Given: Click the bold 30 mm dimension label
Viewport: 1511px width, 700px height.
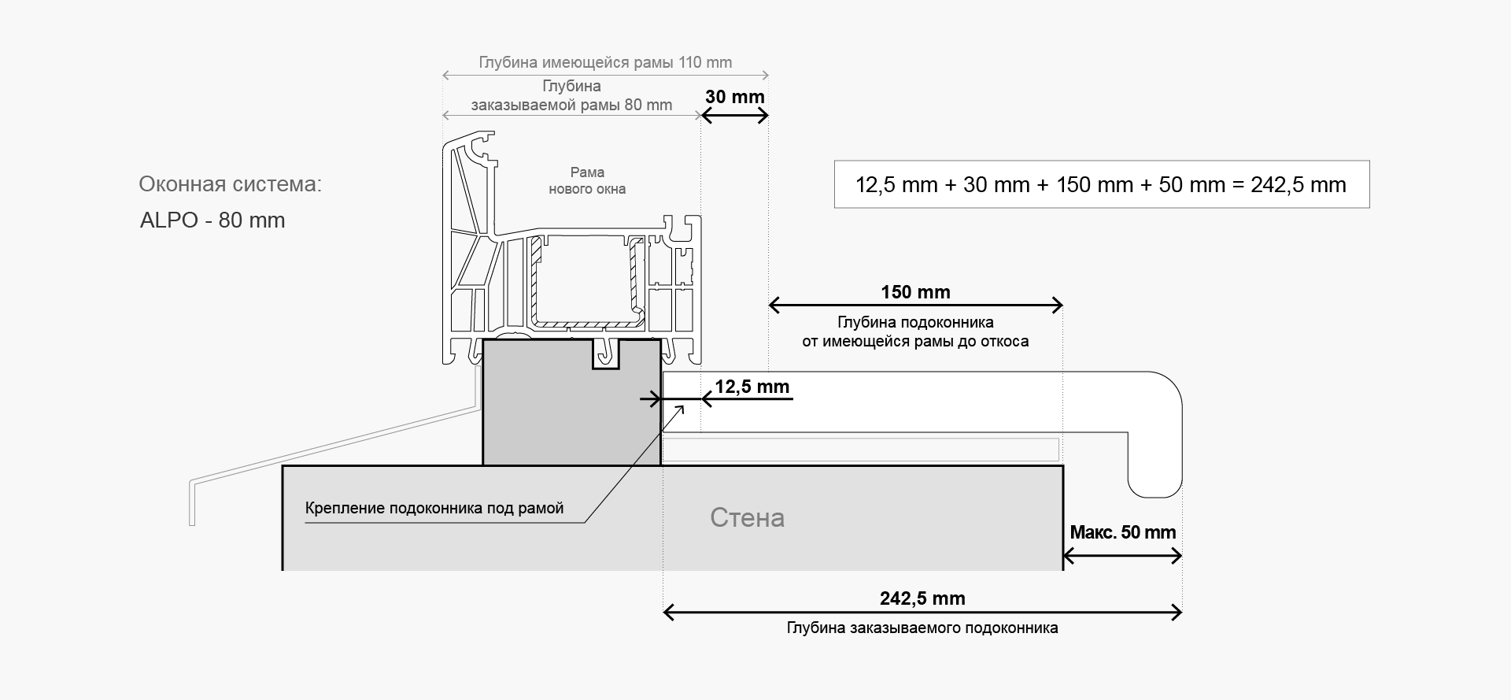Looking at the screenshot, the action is [734, 97].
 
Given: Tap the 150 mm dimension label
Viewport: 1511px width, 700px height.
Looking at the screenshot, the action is [915, 292].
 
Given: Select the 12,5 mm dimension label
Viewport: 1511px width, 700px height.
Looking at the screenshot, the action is [752, 387].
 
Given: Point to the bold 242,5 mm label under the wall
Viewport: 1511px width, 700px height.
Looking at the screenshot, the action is [922, 598].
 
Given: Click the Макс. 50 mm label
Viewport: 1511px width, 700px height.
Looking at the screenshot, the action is [1123, 532].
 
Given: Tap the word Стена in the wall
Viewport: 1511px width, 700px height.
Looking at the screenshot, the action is [747, 517].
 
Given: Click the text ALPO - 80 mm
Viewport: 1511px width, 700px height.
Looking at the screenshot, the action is [212, 220].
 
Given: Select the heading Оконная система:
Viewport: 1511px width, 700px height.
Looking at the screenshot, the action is [231, 184].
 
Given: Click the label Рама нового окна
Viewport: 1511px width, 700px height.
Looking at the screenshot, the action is [587, 180].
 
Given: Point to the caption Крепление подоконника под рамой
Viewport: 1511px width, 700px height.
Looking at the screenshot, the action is [434, 508].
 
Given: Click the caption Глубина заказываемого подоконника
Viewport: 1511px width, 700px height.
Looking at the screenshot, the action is [922, 628].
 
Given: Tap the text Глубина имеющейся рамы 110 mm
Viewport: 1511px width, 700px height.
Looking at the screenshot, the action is [605, 62].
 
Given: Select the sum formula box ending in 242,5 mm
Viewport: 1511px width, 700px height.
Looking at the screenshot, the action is [1102, 184].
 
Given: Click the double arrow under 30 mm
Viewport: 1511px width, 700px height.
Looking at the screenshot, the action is [734, 116].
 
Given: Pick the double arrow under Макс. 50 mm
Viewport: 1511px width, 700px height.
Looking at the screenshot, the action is [1122, 557].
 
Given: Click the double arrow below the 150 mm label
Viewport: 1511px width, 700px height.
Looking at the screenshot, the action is [915, 306].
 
